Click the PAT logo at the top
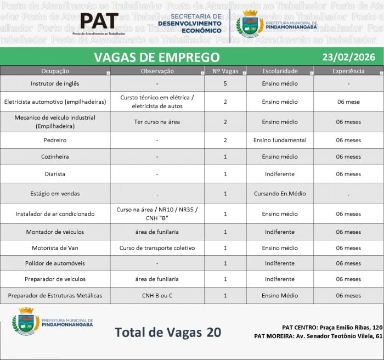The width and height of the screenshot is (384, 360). click(x=99, y=22)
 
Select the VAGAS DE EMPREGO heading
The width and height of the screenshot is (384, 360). click(x=156, y=57)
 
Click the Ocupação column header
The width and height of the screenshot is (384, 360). click(x=55, y=71)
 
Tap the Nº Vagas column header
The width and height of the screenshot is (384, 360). click(x=225, y=71)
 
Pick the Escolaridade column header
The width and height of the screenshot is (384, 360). click(x=280, y=71)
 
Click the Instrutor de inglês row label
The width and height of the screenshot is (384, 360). click(x=55, y=83)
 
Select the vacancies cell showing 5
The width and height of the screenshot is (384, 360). click(x=225, y=83)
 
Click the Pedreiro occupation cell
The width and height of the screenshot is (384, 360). click(x=55, y=140)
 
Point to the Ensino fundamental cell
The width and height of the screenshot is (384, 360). click(x=280, y=140)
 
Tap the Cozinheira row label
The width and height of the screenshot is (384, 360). click(x=55, y=156)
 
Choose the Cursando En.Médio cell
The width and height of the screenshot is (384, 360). click(x=280, y=194)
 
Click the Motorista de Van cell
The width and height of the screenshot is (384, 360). click(x=55, y=248)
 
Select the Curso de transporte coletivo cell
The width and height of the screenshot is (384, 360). click(x=157, y=248)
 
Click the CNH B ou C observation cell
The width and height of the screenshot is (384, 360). click(x=157, y=295)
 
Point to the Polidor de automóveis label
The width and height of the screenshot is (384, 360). click(x=55, y=263)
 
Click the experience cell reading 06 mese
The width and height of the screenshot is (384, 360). click(x=348, y=102)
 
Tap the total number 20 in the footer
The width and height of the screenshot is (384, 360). click(x=214, y=332)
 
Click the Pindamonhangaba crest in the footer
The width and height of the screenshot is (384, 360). click(x=26, y=321)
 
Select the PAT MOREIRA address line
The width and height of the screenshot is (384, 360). click(x=318, y=335)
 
